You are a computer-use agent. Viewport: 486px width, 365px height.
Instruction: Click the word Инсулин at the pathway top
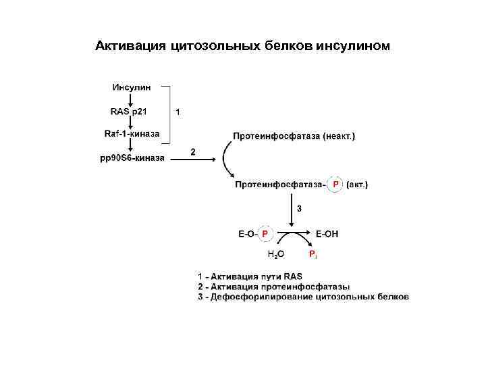[x=132, y=87]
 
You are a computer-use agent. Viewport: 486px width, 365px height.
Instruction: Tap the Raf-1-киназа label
[x=132, y=134]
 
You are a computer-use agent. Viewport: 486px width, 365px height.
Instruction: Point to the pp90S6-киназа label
[x=132, y=159]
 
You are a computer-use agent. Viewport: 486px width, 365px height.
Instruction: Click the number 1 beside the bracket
[x=178, y=112]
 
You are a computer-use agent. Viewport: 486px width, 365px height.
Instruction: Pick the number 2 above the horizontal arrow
[x=193, y=152]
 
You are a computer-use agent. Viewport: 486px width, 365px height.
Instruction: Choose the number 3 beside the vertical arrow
[x=300, y=208]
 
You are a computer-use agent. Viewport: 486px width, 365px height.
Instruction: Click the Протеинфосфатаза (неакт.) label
[x=294, y=136]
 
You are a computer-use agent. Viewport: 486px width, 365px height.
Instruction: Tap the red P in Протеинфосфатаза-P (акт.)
[x=335, y=184]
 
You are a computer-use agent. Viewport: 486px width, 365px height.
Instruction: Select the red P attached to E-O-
[x=265, y=234]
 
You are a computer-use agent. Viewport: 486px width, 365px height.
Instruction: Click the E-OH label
[x=327, y=234]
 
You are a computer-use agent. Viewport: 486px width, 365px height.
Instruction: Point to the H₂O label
[x=275, y=254]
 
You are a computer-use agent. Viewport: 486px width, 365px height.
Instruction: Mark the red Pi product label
[x=313, y=254]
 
